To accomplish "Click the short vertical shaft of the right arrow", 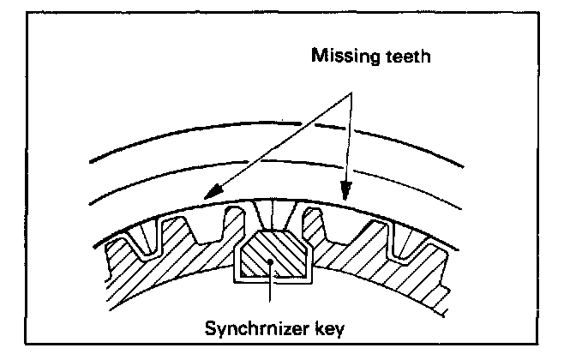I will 346,146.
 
